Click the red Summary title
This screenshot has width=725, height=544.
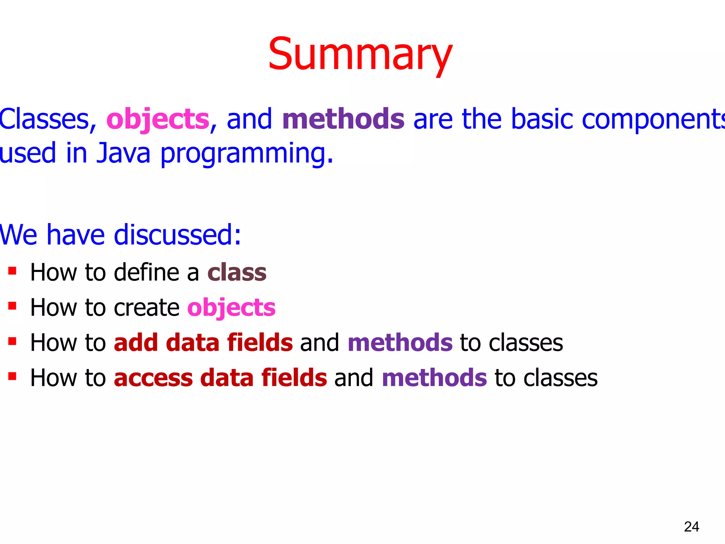[x=360, y=55]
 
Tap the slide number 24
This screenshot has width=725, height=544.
[x=691, y=527]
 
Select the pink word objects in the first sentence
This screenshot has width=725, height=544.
[x=158, y=119]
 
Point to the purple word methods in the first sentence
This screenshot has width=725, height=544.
[x=343, y=119]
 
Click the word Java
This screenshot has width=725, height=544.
[x=124, y=153]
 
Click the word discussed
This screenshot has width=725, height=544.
[x=177, y=235]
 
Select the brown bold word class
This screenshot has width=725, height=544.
[x=237, y=273]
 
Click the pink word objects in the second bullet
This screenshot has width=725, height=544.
[x=231, y=308]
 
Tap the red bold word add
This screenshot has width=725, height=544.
[x=136, y=343]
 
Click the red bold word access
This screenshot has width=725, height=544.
[x=153, y=378]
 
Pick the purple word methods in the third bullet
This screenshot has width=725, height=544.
[x=400, y=343]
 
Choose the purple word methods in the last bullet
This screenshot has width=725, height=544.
[x=434, y=378]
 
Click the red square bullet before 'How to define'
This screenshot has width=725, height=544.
[x=12, y=271]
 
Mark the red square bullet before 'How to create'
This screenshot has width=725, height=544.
[x=12, y=306]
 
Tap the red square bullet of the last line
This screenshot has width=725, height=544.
[x=12, y=376]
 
